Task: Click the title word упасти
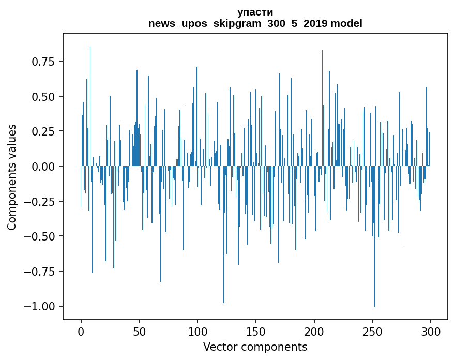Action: pyautogui.click(x=255, y=12)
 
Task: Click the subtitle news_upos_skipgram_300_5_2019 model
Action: pyautogui.click(x=255, y=23)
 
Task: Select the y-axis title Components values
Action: pyautogui.click(x=11, y=177)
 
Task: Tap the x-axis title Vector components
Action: pyautogui.click(x=255, y=347)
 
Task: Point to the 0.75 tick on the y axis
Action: pyautogui.click(x=43, y=62)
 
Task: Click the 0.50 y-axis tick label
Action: pyautogui.click(x=43, y=97)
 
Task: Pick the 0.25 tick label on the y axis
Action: pyautogui.click(x=43, y=131)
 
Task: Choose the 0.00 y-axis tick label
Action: pyautogui.click(x=43, y=167)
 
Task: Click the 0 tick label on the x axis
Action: pyautogui.click(x=81, y=332)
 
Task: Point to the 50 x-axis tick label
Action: pyautogui.click(x=139, y=332)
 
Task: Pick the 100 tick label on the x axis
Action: pyautogui.click(x=198, y=332)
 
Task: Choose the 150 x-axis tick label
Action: pyautogui.click(x=255, y=332)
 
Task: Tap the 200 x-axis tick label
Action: pyautogui.click(x=314, y=332)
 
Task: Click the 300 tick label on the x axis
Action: pyautogui.click(x=431, y=332)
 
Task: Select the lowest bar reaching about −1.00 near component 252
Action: pyautogui.click(x=375, y=236)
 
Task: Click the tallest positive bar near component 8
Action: pyautogui.click(x=90, y=106)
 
